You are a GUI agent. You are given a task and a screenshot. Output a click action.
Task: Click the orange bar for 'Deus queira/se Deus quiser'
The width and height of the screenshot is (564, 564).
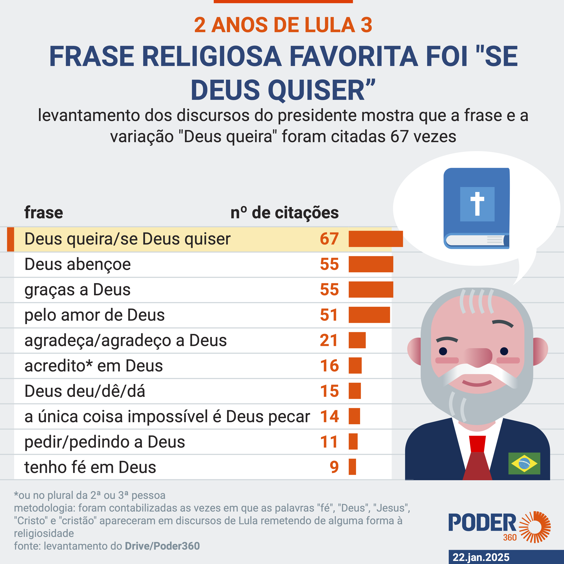(375, 239)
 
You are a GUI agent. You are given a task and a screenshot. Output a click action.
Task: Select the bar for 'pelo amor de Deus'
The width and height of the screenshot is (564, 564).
(369, 315)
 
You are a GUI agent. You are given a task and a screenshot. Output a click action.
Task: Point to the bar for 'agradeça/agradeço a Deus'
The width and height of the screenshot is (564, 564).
(357, 340)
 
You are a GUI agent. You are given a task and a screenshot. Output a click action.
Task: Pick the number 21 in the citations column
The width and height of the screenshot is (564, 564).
(329, 340)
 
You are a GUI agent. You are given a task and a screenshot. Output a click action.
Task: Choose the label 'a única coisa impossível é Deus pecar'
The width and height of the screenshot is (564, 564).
(167, 416)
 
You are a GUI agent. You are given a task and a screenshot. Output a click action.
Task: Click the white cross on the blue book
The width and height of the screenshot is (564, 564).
(477, 203)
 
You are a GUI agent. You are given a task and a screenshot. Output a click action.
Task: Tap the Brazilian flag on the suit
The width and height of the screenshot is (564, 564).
(524, 463)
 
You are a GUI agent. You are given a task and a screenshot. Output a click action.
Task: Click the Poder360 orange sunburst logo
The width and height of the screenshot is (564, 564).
(535, 527)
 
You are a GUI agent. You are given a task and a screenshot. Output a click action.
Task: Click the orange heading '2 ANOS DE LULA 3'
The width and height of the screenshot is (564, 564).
(283, 25)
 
